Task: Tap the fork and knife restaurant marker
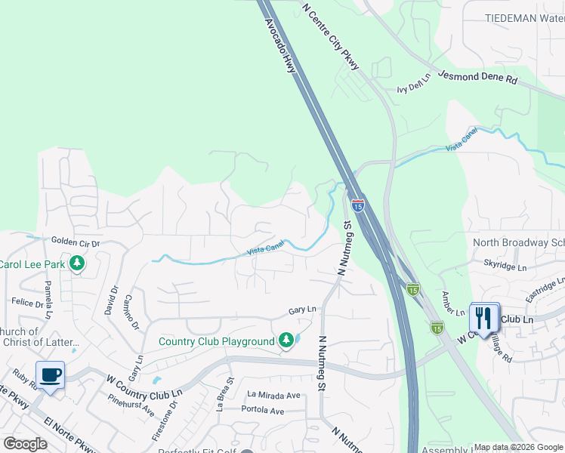pyautogui.click(x=483, y=317)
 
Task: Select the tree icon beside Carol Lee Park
pyautogui.click(x=76, y=263)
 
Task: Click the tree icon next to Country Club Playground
pyautogui.click(x=286, y=341)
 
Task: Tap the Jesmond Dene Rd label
pyautogui.click(x=478, y=76)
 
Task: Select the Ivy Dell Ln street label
pyautogui.click(x=413, y=88)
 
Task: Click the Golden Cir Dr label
pyautogui.click(x=76, y=242)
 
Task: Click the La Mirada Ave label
pyautogui.click(x=274, y=395)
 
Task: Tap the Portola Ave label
pyautogui.click(x=262, y=411)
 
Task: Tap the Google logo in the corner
pyautogui.click(x=25, y=444)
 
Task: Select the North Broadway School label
pyautogui.click(x=518, y=242)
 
